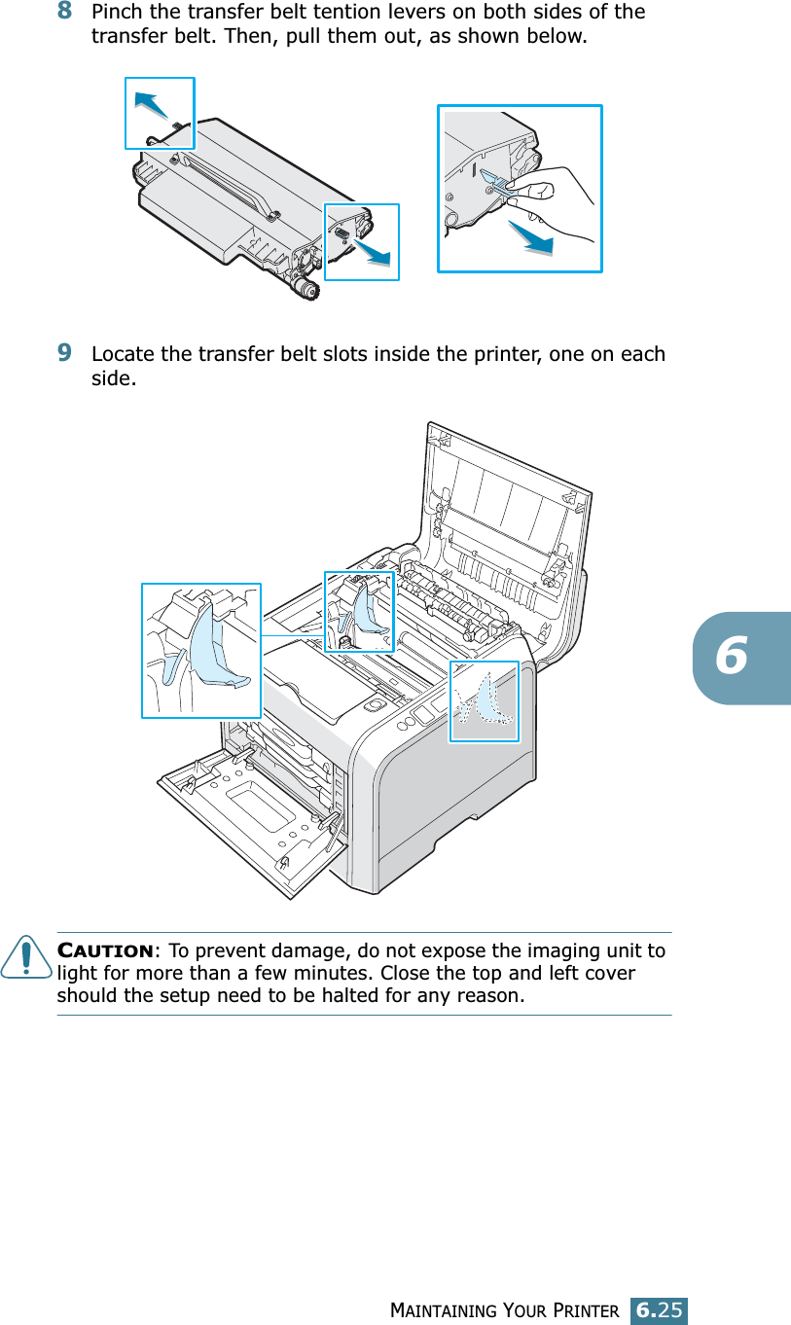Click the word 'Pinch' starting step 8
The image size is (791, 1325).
[117, 13]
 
